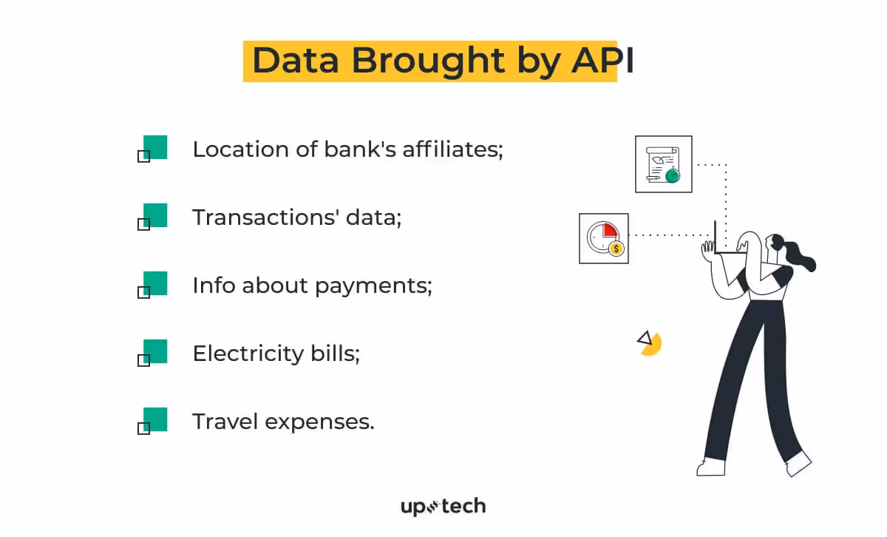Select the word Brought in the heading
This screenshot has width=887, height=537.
pos(424,61)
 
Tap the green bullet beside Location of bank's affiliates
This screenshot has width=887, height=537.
pos(154,147)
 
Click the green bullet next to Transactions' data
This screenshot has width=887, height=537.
pos(154,215)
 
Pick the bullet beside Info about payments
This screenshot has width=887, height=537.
pos(154,283)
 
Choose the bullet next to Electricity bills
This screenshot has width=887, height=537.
pos(154,351)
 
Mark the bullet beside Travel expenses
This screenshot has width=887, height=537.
pos(154,419)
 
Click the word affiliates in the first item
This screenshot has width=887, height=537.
pos(452,149)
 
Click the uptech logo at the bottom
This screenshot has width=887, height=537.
pos(443,507)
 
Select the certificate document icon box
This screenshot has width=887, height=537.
pos(663,164)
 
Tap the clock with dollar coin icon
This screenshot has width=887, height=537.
pos(603,238)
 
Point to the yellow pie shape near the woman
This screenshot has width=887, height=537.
pos(651,344)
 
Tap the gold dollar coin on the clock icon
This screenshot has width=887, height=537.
pos(616,249)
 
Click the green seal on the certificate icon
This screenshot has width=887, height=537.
pos(672,175)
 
